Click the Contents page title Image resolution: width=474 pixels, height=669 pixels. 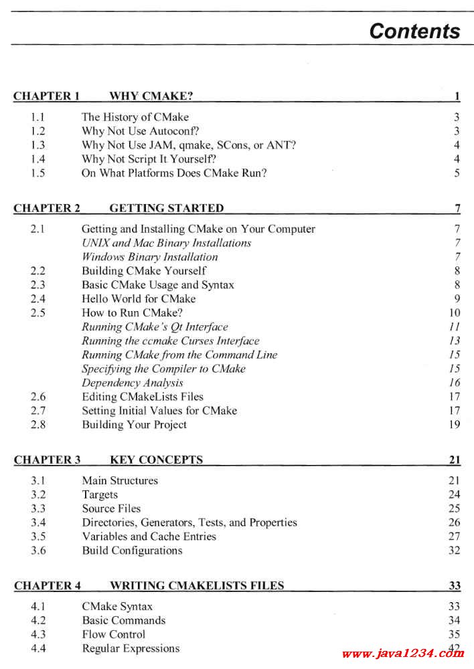(x=414, y=31)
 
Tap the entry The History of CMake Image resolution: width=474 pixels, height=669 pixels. (x=135, y=117)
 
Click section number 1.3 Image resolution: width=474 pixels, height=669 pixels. (x=38, y=145)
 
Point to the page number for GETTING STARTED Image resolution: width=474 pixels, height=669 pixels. (x=457, y=208)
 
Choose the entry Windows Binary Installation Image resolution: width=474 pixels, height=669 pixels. (x=149, y=257)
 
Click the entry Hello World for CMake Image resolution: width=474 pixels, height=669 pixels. (x=139, y=299)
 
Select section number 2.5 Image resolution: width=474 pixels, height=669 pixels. (x=38, y=312)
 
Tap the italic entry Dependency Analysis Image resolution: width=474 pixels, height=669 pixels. (x=132, y=383)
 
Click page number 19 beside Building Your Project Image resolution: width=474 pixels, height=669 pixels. (x=455, y=425)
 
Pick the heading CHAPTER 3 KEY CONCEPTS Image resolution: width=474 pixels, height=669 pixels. (x=108, y=460)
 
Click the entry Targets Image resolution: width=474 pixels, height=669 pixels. (x=100, y=495)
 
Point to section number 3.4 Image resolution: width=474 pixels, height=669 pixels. (x=38, y=522)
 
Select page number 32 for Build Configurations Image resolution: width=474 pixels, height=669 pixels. (x=455, y=551)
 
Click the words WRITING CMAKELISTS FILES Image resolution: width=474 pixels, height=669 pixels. (x=196, y=586)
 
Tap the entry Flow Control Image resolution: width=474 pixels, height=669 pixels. (x=113, y=634)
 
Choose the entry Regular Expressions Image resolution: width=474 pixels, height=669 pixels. (x=131, y=648)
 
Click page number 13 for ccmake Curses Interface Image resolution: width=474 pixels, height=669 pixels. (x=455, y=341)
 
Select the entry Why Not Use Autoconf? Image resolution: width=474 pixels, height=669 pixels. (x=141, y=131)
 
